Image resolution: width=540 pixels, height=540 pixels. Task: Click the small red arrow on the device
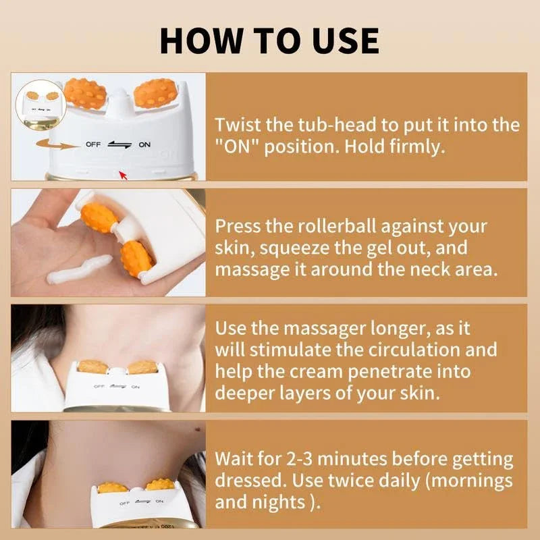(122, 175)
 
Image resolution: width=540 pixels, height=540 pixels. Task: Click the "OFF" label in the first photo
(94, 144)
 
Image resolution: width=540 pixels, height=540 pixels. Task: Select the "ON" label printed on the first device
(144, 144)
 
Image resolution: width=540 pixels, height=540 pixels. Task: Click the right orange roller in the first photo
(156, 93)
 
